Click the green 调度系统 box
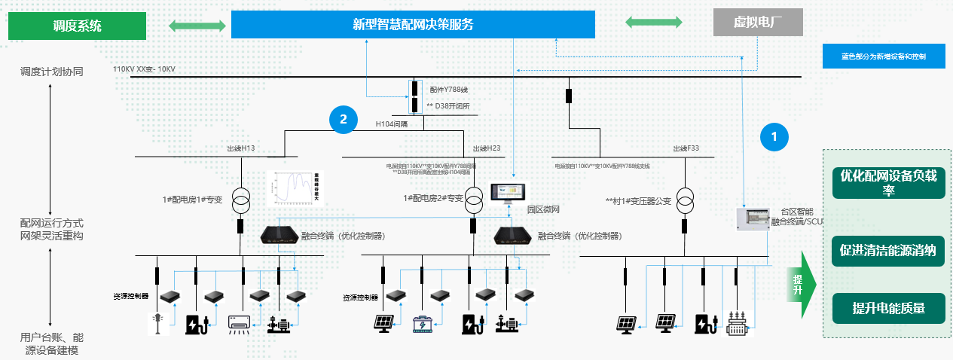pyautogui.click(x=77, y=26)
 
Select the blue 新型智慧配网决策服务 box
pyautogui.click(x=413, y=24)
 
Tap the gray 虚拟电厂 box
pyautogui.click(x=758, y=23)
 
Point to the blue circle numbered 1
pyautogui.click(x=774, y=136)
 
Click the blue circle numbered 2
pyautogui.click(x=343, y=119)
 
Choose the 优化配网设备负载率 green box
pyautogui.click(x=887, y=182)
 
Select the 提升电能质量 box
pyautogui.click(x=887, y=307)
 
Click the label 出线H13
pyautogui.click(x=241, y=148)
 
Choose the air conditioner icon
pyautogui.click(x=240, y=324)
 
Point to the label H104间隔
pyautogui.click(x=391, y=123)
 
